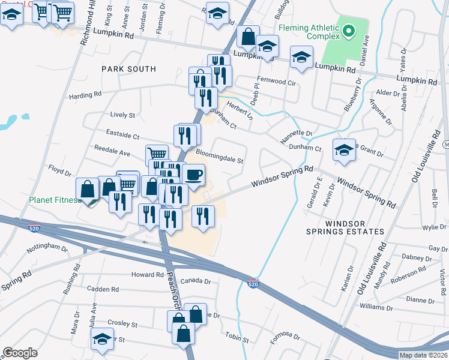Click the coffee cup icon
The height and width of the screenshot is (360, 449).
193,175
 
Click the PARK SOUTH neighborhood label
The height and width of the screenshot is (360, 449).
128,69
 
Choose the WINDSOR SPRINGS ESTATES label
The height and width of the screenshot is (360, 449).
345,227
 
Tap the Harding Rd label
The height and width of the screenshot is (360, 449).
85,94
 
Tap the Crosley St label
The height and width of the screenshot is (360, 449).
122,323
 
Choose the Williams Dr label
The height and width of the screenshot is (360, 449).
376,307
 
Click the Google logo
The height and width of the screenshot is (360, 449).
20,353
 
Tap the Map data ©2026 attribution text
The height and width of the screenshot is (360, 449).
423,355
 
